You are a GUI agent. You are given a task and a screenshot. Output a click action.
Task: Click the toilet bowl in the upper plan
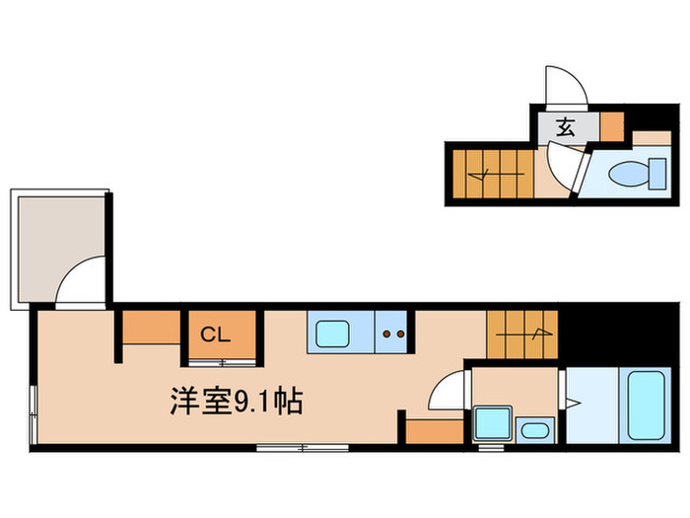pos(627,176)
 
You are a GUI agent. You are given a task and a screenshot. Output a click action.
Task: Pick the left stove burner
pos(387,333)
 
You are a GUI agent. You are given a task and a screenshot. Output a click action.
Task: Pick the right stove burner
pos(401,333)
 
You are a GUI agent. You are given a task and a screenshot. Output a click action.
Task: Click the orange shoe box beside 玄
pos(611,124)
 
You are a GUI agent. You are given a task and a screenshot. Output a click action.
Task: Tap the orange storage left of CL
pos(152,328)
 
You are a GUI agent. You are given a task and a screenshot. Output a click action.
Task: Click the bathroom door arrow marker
pos(575,403)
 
